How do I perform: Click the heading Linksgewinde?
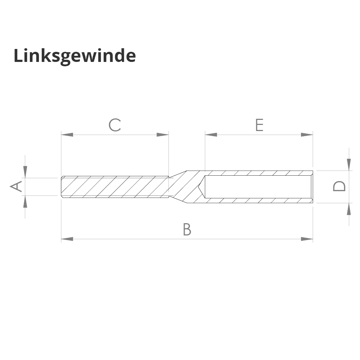tap(75, 56)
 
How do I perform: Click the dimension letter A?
tap(16, 186)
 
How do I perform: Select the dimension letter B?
tap(187, 229)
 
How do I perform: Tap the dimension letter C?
tap(114, 125)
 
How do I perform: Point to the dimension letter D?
tap(339, 186)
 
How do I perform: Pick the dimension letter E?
tap(259, 125)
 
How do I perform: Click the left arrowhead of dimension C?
tap(67, 135)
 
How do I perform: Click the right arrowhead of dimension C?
tap(163, 135)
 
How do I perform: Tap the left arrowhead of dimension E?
tap(211, 135)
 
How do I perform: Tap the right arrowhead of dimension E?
tap(307, 135)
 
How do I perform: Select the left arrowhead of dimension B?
tap(67, 239)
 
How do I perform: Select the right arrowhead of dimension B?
tap(307, 239)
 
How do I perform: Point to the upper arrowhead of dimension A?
tap(25, 171)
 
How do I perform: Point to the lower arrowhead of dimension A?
tap(25, 202)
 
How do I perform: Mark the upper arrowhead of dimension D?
tap(348, 164)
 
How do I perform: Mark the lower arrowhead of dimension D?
tap(348, 209)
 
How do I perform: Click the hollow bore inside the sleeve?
tap(257, 186)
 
